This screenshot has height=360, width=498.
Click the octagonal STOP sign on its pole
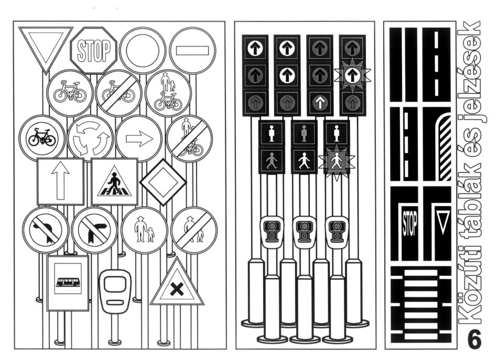(94, 50)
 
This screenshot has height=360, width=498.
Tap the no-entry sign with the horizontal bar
(192, 51)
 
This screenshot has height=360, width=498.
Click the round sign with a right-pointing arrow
(138, 138)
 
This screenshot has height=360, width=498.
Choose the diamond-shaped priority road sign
(163, 182)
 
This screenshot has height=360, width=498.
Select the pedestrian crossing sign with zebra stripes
(114, 181)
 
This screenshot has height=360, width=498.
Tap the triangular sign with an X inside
(177, 287)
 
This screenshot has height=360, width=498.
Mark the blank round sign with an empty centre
(143, 51)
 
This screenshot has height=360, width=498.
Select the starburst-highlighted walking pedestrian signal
(336, 161)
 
